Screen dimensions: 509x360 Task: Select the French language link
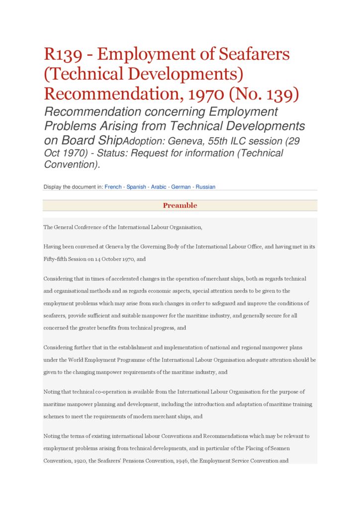pos(113,187)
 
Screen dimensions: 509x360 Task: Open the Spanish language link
pos(136,187)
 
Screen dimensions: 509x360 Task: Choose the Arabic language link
pos(159,187)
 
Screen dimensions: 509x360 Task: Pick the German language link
pos(181,187)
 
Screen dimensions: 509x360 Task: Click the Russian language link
pos(205,187)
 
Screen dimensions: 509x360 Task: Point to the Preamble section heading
pos(180,205)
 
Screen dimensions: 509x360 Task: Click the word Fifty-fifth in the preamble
pos(57,259)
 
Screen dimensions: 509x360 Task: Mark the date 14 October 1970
pos(114,259)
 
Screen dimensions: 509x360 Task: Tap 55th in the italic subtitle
pos(219,141)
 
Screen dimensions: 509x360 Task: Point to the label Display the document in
pos(73,187)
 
